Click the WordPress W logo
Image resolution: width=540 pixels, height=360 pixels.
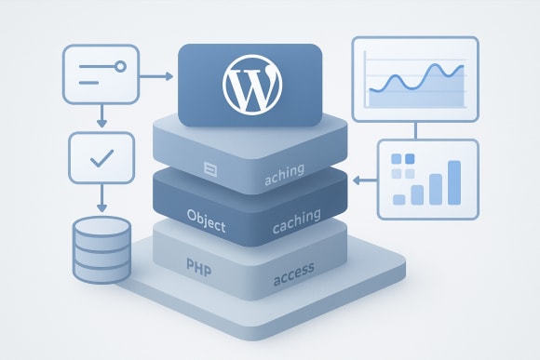[250, 82]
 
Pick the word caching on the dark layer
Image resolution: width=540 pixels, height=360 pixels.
[297, 218]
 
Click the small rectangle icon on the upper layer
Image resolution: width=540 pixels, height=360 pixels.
[209, 168]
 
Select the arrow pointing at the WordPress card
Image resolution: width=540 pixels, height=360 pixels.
[160, 76]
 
